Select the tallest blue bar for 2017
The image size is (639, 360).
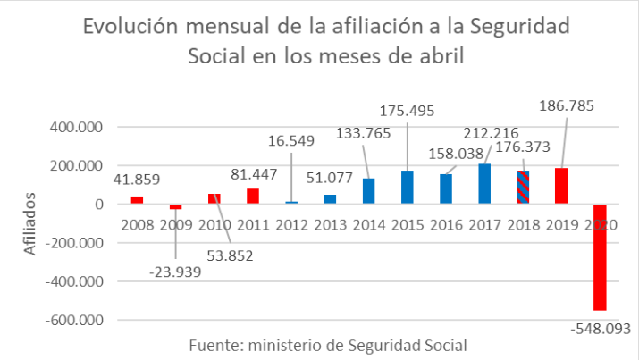point(484,184)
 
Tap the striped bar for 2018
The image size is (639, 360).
point(523,188)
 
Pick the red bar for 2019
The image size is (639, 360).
point(561,186)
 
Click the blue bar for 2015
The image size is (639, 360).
point(407,188)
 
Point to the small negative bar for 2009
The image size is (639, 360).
point(175,206)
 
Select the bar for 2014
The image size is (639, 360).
point(368,191)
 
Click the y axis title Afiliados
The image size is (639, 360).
point(30,224)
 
